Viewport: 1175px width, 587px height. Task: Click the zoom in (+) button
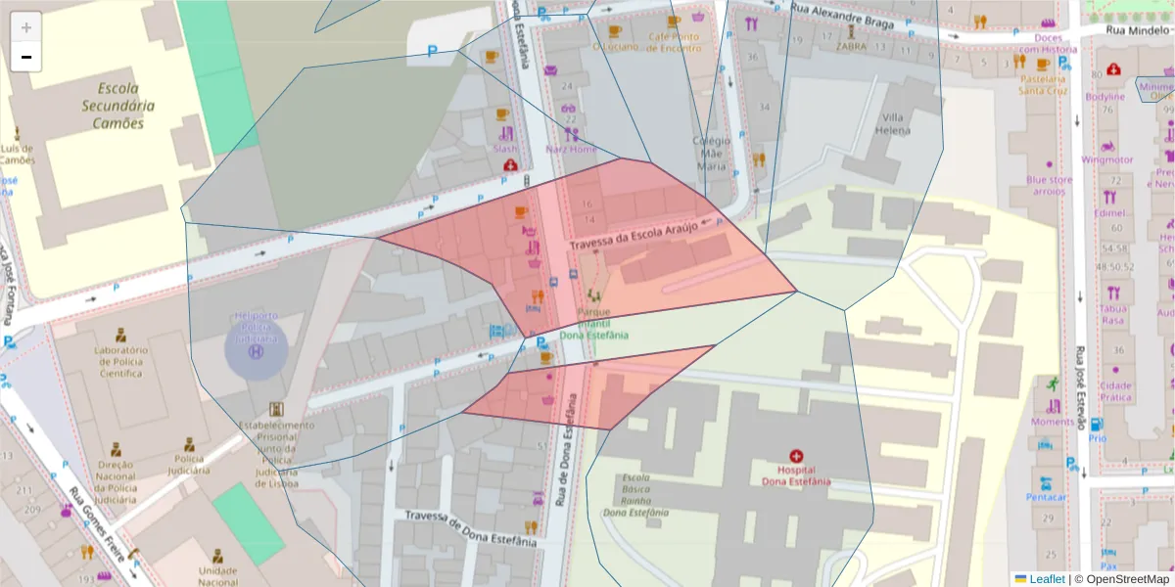pos(26,27)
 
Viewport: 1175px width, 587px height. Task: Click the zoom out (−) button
pos(26,58)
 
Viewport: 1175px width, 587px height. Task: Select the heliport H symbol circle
pos(257,350)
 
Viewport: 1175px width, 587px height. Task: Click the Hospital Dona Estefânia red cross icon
pos(796,456)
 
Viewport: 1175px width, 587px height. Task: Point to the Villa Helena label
pos(893,123)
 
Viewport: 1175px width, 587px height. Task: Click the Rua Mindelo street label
pos(1138,30)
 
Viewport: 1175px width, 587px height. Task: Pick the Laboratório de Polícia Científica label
pos(120,361)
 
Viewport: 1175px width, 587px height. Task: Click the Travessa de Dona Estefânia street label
pos(471,528)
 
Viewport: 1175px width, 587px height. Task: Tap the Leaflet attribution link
pos(1046,579)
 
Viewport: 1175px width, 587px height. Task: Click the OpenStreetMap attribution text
pos(1122,579)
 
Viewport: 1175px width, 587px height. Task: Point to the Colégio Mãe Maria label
pos(711,154)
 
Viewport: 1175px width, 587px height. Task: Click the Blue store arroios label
pos(1049,186)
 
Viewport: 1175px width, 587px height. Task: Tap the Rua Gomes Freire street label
pos(99,518)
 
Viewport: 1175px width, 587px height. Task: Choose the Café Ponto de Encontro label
pos(675,42)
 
